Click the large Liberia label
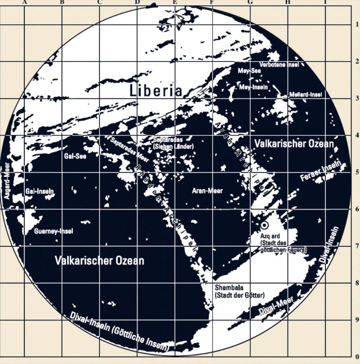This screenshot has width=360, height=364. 156,90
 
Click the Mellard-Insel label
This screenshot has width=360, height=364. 305,95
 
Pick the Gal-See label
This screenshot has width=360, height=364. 75,156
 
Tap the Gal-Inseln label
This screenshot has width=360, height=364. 40,191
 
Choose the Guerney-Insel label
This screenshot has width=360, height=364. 53,232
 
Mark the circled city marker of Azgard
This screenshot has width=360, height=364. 264,225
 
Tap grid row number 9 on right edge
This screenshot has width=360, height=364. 356,320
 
